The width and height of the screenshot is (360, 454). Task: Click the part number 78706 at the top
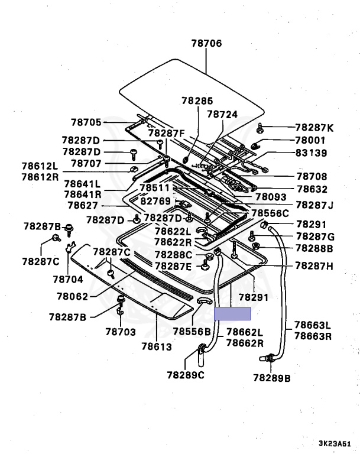pos(206,43)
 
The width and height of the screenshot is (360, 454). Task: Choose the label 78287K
pos(314,128)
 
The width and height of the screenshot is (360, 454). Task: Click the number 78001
pos(310,141)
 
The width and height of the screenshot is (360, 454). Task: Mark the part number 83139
pos(310,153)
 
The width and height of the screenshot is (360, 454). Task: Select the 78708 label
pos(312,176)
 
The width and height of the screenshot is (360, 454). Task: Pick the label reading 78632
pos(312,189)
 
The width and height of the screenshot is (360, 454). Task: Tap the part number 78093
pos(271,197)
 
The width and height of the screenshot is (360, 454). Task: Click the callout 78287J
pos(314,205)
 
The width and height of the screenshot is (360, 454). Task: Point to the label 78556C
pos(270,213)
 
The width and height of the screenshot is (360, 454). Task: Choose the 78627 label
pos(83,205)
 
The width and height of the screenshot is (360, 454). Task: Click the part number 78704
pos(68,278)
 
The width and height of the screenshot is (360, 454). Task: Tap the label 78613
pos(157,346)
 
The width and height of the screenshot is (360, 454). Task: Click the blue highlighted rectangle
pos(232,313)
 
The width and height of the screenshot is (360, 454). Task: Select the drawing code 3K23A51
pos(335,443)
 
